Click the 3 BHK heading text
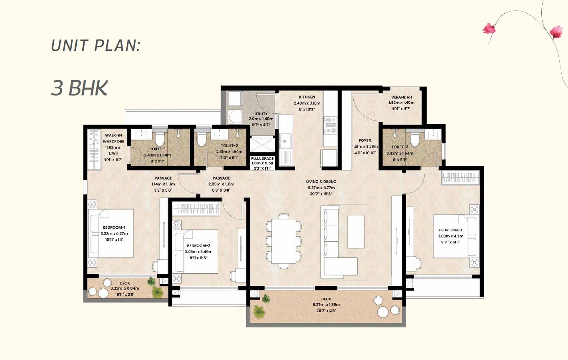coord(79,88)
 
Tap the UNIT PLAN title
coord(95,45)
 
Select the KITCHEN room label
coord(307,97)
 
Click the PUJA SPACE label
coord(262,159)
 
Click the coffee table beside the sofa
coord(356,231)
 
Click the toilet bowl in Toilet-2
coord(201,139)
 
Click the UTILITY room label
coord(261,114)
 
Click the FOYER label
coord(364,141)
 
